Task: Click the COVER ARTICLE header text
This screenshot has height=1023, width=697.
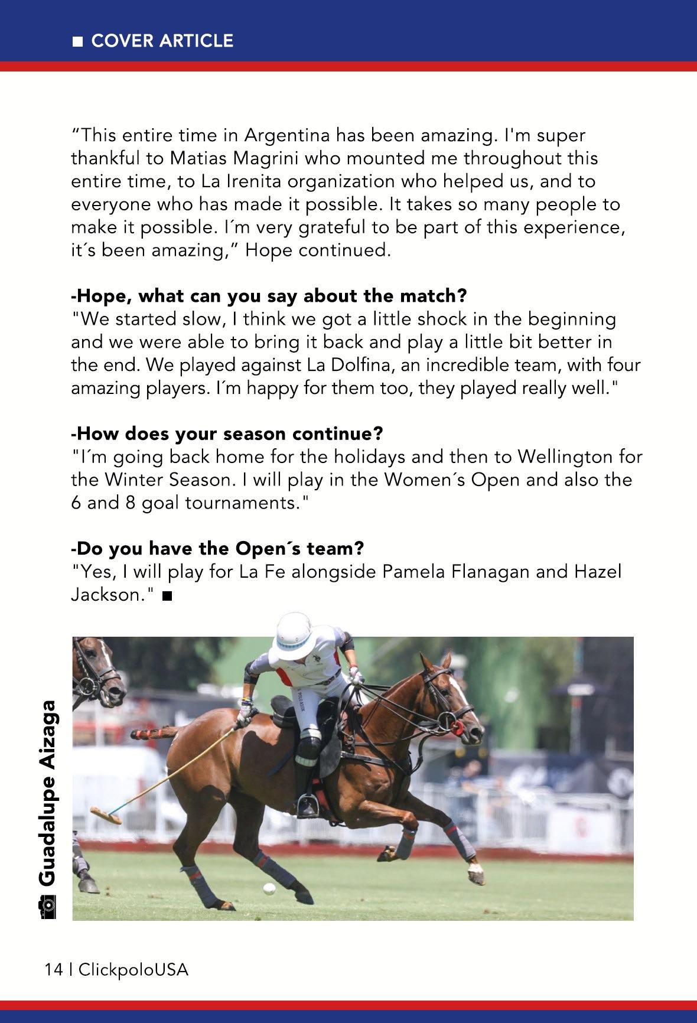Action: click(162, 41)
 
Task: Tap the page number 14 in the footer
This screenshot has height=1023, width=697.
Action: click(53, 969)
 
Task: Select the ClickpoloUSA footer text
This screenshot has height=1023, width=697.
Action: click(133, 969)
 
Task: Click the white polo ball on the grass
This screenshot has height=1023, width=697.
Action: click(269, 888)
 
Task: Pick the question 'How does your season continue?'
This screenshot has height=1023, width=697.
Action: click(227, 434)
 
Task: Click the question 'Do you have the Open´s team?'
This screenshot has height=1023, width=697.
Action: click(217, 548)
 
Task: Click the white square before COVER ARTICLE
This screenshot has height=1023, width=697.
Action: click(77, 41)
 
